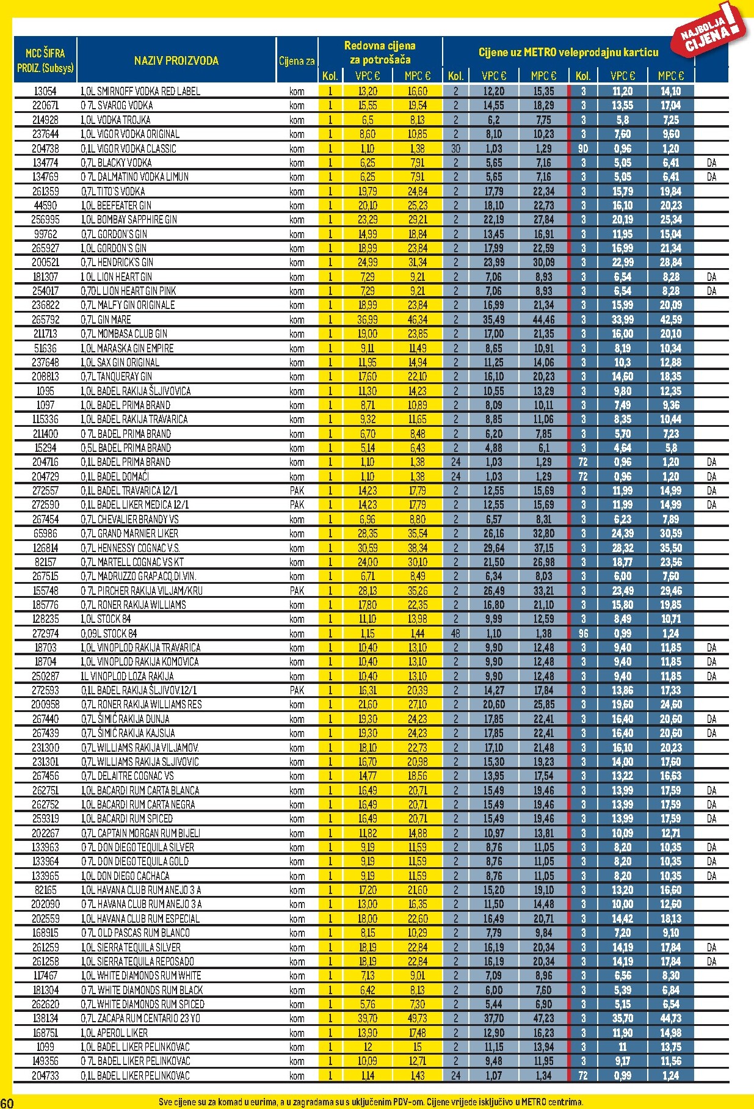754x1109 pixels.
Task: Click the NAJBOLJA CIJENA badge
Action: pyautogui.click(x=711, y=31)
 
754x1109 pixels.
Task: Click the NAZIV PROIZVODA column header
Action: pyautogui.click(x=176, y=60)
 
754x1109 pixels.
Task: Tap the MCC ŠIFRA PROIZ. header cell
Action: pyautogui.click(x=45, y=60)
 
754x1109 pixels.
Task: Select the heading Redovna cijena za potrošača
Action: pyautogui.click(x=380, y=53)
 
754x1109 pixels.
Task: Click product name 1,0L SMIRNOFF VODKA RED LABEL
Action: pyautogui.click(x=140, y=91)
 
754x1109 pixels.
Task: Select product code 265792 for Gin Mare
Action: pyautogui.click(x=45, y=319)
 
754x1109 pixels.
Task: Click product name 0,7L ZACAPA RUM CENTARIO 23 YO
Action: pyautogui.click(x=140, y=1018)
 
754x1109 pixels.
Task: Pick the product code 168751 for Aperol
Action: pyautogui.click(x=45, y=1033)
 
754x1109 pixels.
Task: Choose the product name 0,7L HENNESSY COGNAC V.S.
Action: pyautogui.click(x=130, y=548)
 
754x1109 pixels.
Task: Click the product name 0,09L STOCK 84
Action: pyautogui.click(x=109, y=633)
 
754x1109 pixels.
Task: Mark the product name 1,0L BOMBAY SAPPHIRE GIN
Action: pyautogui.click(x=129, y=219)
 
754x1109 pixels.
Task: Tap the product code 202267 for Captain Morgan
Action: pyautogui.click(x=45, y=833)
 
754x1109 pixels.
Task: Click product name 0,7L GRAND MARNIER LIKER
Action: pyautogui.click(x=129, y=533)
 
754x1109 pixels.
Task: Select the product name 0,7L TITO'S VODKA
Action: pyautogui.click(x=113, y=191)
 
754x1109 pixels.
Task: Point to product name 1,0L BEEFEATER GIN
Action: pyautogui.click(x=116, y=205)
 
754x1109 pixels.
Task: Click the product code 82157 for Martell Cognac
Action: pyautogui.click(x=45, y=562)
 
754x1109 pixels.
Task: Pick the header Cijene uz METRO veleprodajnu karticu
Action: pyautogui.click(x=568, y=53)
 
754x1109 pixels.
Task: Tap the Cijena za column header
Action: pyautogui.click(x=297, y=60)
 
